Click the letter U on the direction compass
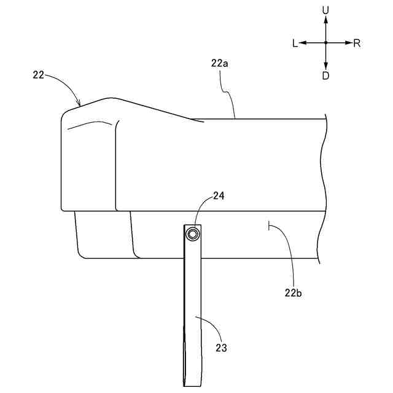(x=325, y=10)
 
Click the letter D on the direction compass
(x=325, y=75)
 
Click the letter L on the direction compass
(x=295, y=44)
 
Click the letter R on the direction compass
(x=357, y=44)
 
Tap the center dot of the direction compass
(x=325, y=43)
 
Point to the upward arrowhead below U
(x=325, y=20)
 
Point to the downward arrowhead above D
(x=325, y=66)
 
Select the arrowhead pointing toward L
(x=303, y=43)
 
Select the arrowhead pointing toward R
(x=349, y=43)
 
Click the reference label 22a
(x=220, y=63)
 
